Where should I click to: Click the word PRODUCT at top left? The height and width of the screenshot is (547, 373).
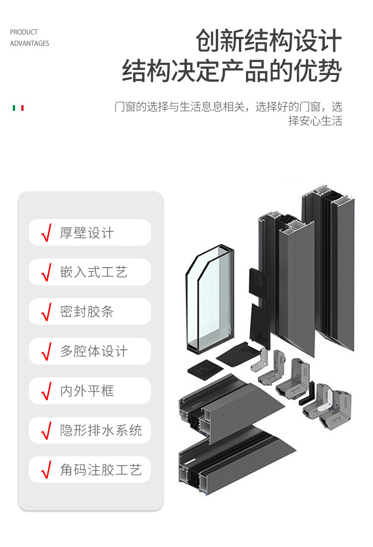coord(24,32)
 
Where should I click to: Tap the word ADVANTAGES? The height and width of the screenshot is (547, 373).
coord(29,43)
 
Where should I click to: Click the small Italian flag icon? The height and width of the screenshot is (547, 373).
coord(18,108)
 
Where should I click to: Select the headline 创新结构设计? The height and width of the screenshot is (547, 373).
coord(268,41)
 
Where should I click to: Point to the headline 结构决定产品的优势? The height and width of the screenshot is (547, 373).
coord(232,71)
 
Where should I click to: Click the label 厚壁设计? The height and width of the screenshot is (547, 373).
coord(87,233)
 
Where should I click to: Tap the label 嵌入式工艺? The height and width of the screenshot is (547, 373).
coord(93,272)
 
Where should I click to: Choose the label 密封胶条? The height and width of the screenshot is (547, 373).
coord(87,312)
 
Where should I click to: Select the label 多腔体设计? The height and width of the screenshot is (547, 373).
coord(93,352)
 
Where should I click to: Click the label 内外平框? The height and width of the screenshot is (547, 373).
coord(87,391)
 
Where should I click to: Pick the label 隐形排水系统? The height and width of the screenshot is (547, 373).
coord(101,430)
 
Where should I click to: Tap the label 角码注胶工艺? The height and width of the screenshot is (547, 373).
coord(101,470)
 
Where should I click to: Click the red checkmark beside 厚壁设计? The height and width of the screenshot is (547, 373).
coord(46,233)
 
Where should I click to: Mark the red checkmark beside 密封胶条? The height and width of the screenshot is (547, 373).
coord(46,312)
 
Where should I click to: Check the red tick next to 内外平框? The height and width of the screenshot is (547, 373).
coord(46,391)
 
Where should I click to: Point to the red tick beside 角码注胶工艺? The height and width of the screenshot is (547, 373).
coord(46,471)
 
